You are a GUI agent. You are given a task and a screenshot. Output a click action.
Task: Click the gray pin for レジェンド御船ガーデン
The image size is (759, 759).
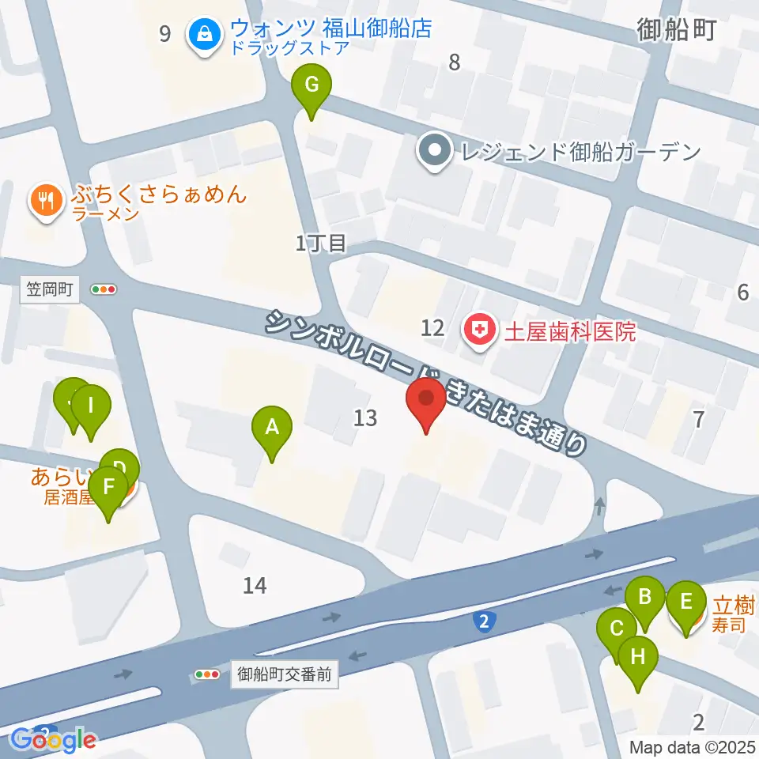coord(434,150)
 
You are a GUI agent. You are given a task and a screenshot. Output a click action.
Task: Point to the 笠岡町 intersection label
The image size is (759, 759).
coord(49,290)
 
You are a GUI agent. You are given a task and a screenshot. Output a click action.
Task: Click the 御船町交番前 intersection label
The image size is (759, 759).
coord(285,675)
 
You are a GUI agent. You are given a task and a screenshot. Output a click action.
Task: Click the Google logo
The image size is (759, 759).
coord(54,739)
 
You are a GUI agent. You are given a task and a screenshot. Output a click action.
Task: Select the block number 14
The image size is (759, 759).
coord(255,586)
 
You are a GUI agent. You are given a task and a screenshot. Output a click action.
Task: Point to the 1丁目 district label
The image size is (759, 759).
coord(321,244)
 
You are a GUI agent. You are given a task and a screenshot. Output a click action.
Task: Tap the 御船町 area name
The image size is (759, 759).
coord(677,30)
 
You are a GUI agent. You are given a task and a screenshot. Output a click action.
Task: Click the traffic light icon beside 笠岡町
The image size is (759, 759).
coord(104,290)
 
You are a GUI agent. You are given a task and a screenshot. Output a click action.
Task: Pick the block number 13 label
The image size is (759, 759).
coord(365,417)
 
